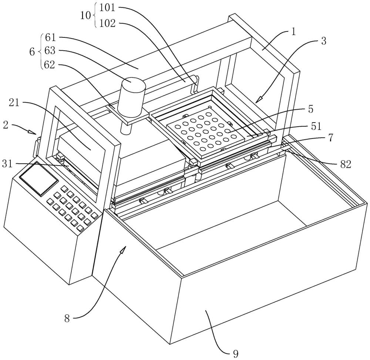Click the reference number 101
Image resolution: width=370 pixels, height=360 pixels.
pos(107,8)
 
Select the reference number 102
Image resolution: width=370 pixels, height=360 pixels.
pos(107,23)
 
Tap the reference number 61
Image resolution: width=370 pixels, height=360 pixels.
pos(50,37)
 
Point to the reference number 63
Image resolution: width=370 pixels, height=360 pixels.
pos(50,51)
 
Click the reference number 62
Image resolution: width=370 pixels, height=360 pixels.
pos(50,64)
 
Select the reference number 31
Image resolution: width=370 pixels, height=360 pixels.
pos(7,164)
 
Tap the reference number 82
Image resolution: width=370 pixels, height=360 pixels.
pos(346,164)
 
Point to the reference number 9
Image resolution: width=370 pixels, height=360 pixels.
pos(235,353)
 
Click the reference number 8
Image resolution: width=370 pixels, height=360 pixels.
pos(67,319)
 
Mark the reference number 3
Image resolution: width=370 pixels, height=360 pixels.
pos(323,41)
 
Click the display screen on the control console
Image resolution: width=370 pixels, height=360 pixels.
pos(39,179)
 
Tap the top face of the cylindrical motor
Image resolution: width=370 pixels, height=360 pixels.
pos(133,83)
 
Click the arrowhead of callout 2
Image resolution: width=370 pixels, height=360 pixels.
pos(33,132)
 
